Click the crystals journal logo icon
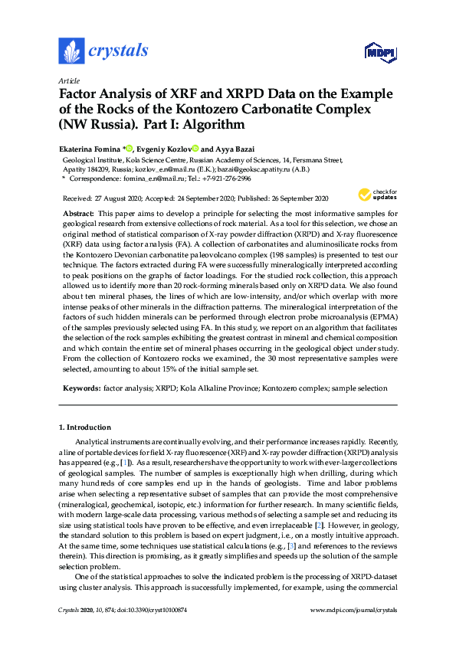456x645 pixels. pyautogui.click(x=71, y=52)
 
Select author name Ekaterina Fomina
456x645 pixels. pyautogui.click(x=90, y=149)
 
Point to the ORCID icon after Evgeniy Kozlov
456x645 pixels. pyautogui.click(x=196, y=149)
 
